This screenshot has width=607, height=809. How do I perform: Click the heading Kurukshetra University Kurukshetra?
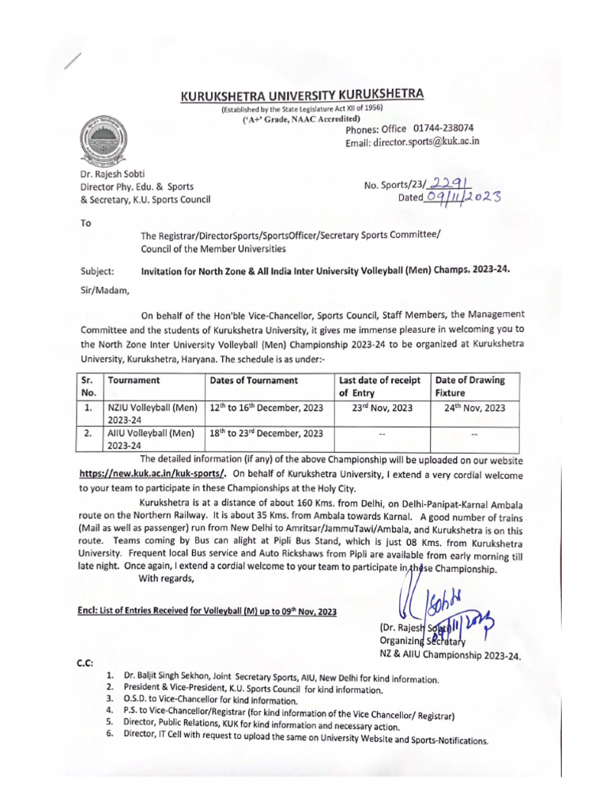(303, 96)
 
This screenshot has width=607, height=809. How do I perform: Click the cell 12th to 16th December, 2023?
(266, 408)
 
